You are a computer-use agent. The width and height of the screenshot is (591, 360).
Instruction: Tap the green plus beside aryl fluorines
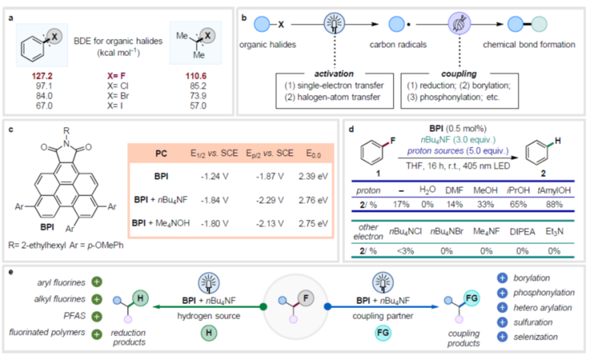point(96,282)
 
